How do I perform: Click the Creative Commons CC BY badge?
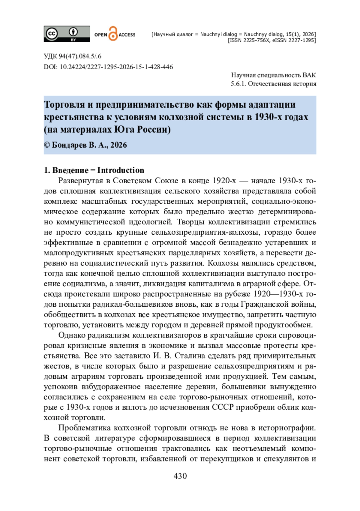tap(67, 34)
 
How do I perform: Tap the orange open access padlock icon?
tap(113, 34)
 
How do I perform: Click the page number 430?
tap(180, 476)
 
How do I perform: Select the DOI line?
tap(108, 67)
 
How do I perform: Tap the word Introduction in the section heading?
tap(121, 170)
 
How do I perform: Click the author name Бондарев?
tap(69, 145)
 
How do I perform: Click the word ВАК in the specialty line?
tap(309, 75)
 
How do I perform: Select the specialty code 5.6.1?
tap(238, 84)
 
